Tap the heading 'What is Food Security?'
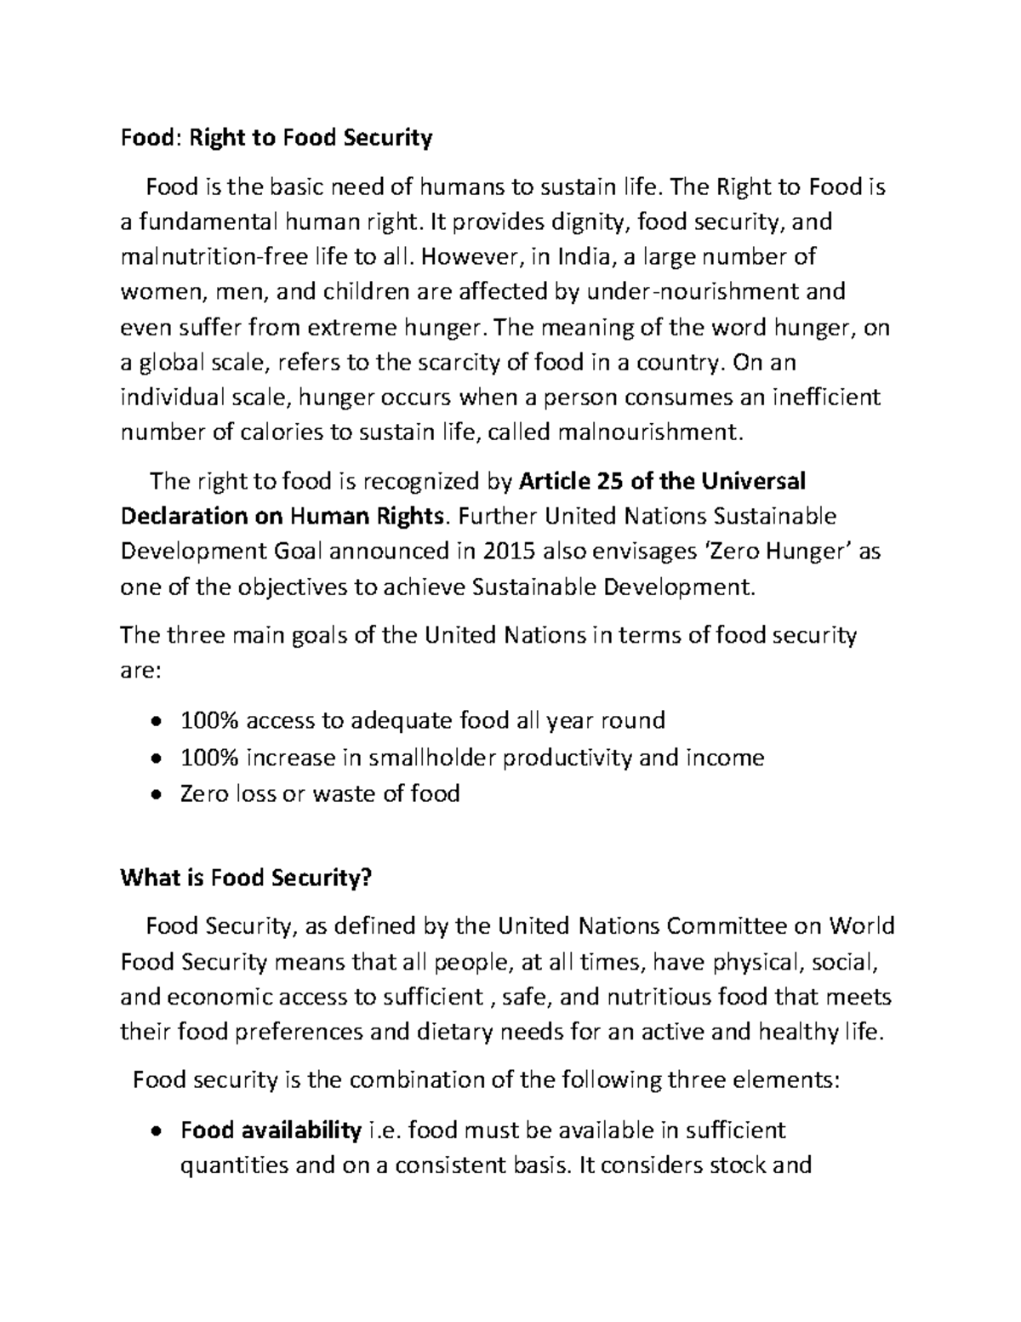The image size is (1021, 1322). tap(247, 878)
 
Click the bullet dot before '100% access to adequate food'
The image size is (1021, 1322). tap(154, 722)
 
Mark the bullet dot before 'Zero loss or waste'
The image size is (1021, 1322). tap(154, 794)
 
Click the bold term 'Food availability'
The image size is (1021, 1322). tap(271, 1130)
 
